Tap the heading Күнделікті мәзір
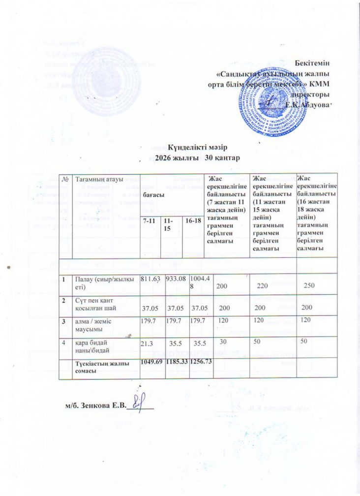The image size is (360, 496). coord(197,148)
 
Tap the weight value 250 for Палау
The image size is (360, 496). coord(308,286)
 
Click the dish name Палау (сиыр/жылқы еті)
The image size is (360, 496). coord(96,283)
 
